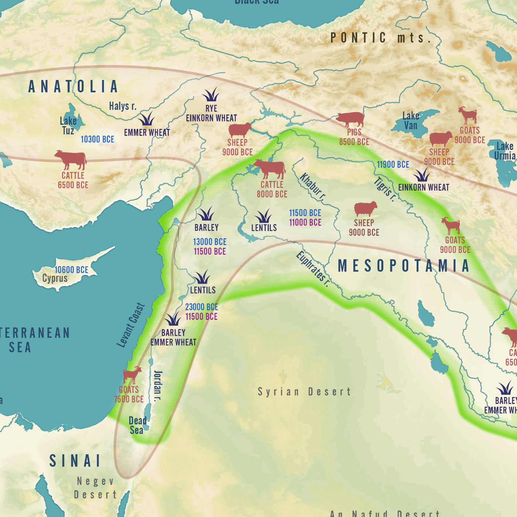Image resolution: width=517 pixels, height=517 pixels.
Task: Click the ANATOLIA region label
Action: (x=73, y=87)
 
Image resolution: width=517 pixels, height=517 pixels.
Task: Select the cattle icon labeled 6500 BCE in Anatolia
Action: (x=71, y=160)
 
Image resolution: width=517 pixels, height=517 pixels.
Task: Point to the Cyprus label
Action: (x=55, y=278)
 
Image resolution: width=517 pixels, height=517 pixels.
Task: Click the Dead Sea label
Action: (x=137, y=425)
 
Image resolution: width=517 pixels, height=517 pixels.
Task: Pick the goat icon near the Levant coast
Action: (x=132, y=375)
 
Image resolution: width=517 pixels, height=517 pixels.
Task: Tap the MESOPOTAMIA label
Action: (x=403, y=266)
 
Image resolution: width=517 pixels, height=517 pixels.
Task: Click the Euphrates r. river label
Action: (x=312, y=269)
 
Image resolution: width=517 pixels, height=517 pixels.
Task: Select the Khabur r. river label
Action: (x=312, y=187)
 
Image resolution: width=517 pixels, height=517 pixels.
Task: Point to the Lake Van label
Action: (x=411, y=121)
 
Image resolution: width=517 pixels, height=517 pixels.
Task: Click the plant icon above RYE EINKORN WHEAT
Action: (x=211, y=95)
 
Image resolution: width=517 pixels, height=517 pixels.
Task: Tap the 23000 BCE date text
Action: (x=201, y=307)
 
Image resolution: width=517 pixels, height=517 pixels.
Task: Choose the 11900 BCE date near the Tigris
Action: (x=393, y=165)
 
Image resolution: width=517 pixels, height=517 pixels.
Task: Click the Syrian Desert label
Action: (x=304, y=391)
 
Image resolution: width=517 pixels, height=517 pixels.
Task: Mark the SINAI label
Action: (x=75, y=461)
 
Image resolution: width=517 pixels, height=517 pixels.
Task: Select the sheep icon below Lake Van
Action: (x=440, y=139)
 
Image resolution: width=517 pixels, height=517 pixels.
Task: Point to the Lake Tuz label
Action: (x=68, y=126)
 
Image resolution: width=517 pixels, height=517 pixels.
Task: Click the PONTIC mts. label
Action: (x=380, y=38)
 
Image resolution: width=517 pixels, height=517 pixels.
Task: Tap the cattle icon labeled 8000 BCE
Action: (x=270, y=169)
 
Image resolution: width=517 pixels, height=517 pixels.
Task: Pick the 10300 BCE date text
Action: (x=97, y=139)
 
